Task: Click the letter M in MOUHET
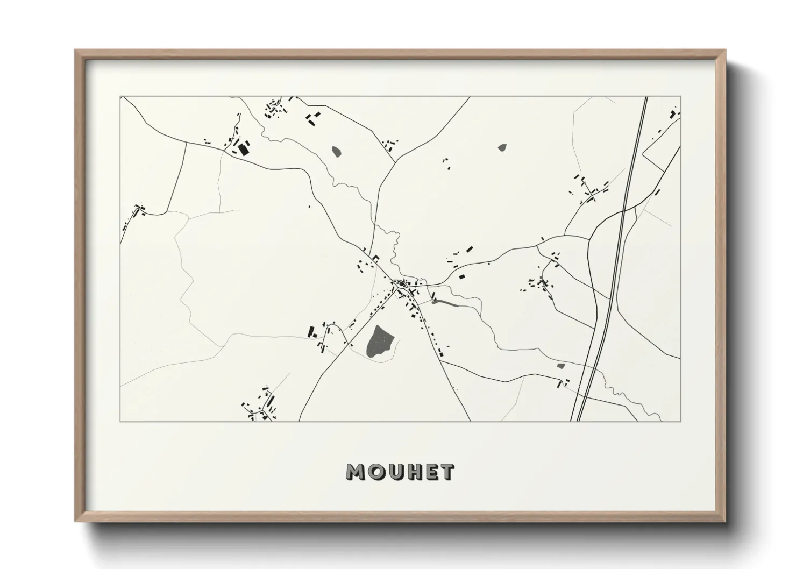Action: (x=357, y=473)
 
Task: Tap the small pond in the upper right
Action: (x=502, y=146)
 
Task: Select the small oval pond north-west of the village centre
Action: (x=337, y=151)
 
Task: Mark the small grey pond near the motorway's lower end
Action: (x=561, y=366)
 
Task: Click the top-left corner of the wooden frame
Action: (x=76, y=51)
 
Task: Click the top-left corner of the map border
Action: (x=120, y=97)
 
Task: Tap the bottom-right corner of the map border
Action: (x=680, y=421)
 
